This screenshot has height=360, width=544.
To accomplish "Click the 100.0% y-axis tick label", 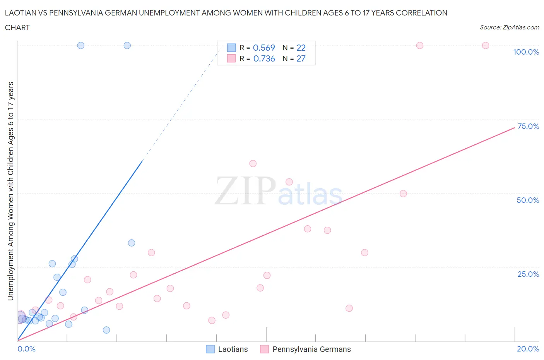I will coord(526,52).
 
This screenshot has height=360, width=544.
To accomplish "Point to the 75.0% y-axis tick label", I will coord(528,126).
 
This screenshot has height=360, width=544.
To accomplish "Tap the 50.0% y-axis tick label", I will coord(528,200).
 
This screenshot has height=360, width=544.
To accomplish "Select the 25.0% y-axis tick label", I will coord(528,274).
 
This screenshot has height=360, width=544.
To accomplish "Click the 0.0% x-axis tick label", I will coord(26,349).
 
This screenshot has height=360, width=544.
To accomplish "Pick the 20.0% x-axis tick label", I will coord(528,349).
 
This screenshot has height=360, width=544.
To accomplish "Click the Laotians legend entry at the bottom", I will coord(227,349).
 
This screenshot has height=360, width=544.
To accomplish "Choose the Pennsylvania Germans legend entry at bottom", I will coord(306,349).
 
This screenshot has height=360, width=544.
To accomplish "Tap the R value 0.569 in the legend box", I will coord(264,48).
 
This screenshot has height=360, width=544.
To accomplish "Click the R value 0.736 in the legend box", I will coord(264,58).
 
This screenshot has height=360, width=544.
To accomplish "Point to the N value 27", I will coord(301,58).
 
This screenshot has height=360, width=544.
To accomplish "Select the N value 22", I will coord(301,48).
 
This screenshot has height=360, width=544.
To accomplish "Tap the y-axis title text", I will coord(10,191).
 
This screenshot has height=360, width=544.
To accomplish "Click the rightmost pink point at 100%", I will coord(486,45).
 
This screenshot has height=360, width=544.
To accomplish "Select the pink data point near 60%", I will coord(253,163).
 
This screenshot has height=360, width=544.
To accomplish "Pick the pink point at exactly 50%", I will coord(403,194).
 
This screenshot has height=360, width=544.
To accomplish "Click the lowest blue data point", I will coord(106,330).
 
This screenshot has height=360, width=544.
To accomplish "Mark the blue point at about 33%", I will coord(132,243).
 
